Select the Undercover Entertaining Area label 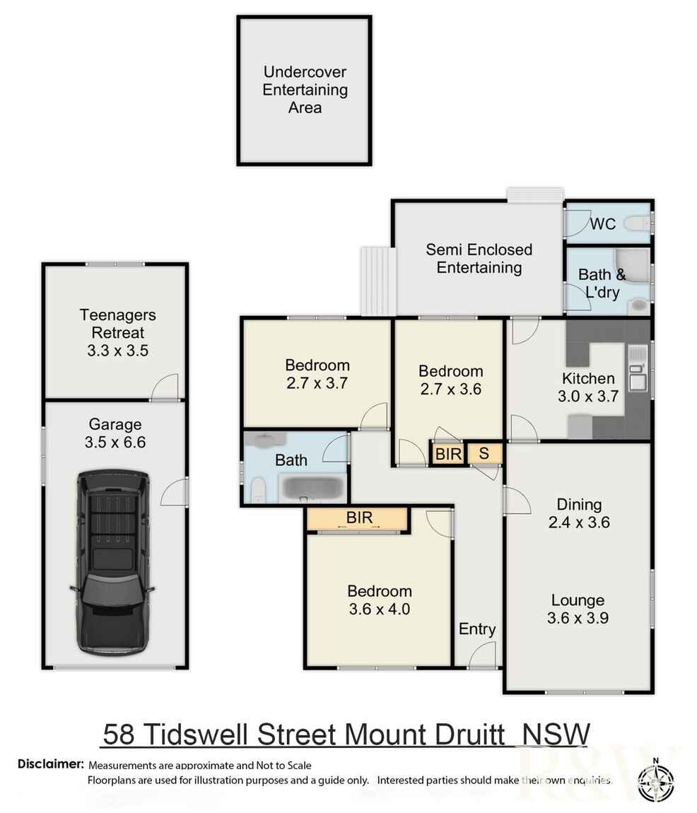(x=305, y=90)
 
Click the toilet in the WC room (x=640, y=224)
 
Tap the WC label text (x=602, y=224)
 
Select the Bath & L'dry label (x=598, y=283)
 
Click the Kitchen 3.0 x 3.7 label (x=588, y=387)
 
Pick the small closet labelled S (x=484, y=453)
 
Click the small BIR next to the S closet (x=447, y=454)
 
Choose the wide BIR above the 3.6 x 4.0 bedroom (x=358, y=518)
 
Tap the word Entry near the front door (x=477, y=628)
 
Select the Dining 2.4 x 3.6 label (x=578, y=513)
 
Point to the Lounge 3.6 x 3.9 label (x=578, y=609)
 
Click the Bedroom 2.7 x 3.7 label (x=317, y=374)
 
